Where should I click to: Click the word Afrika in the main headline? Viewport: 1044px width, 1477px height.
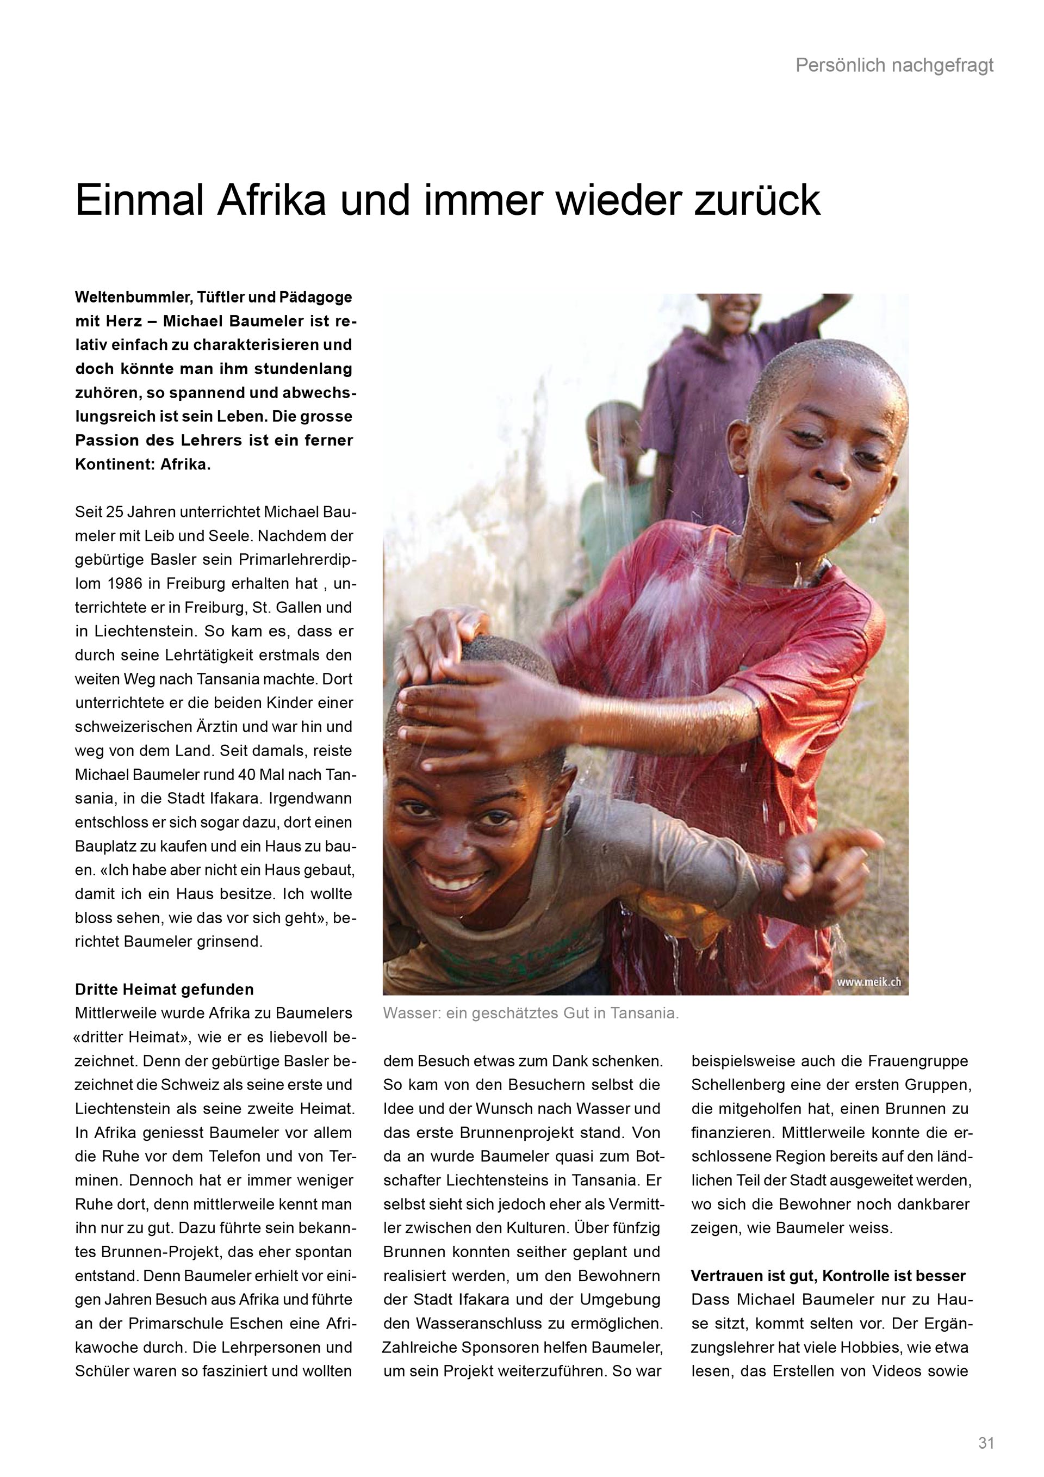[271, 201]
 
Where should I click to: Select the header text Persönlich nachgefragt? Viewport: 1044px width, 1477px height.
[894, 66]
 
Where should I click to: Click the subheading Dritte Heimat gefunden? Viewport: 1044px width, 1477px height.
[165, 988]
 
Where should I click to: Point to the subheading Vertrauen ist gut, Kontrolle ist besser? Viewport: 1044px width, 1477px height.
[828, 1275]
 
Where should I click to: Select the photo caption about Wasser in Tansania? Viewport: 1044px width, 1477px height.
[530, 1013]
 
